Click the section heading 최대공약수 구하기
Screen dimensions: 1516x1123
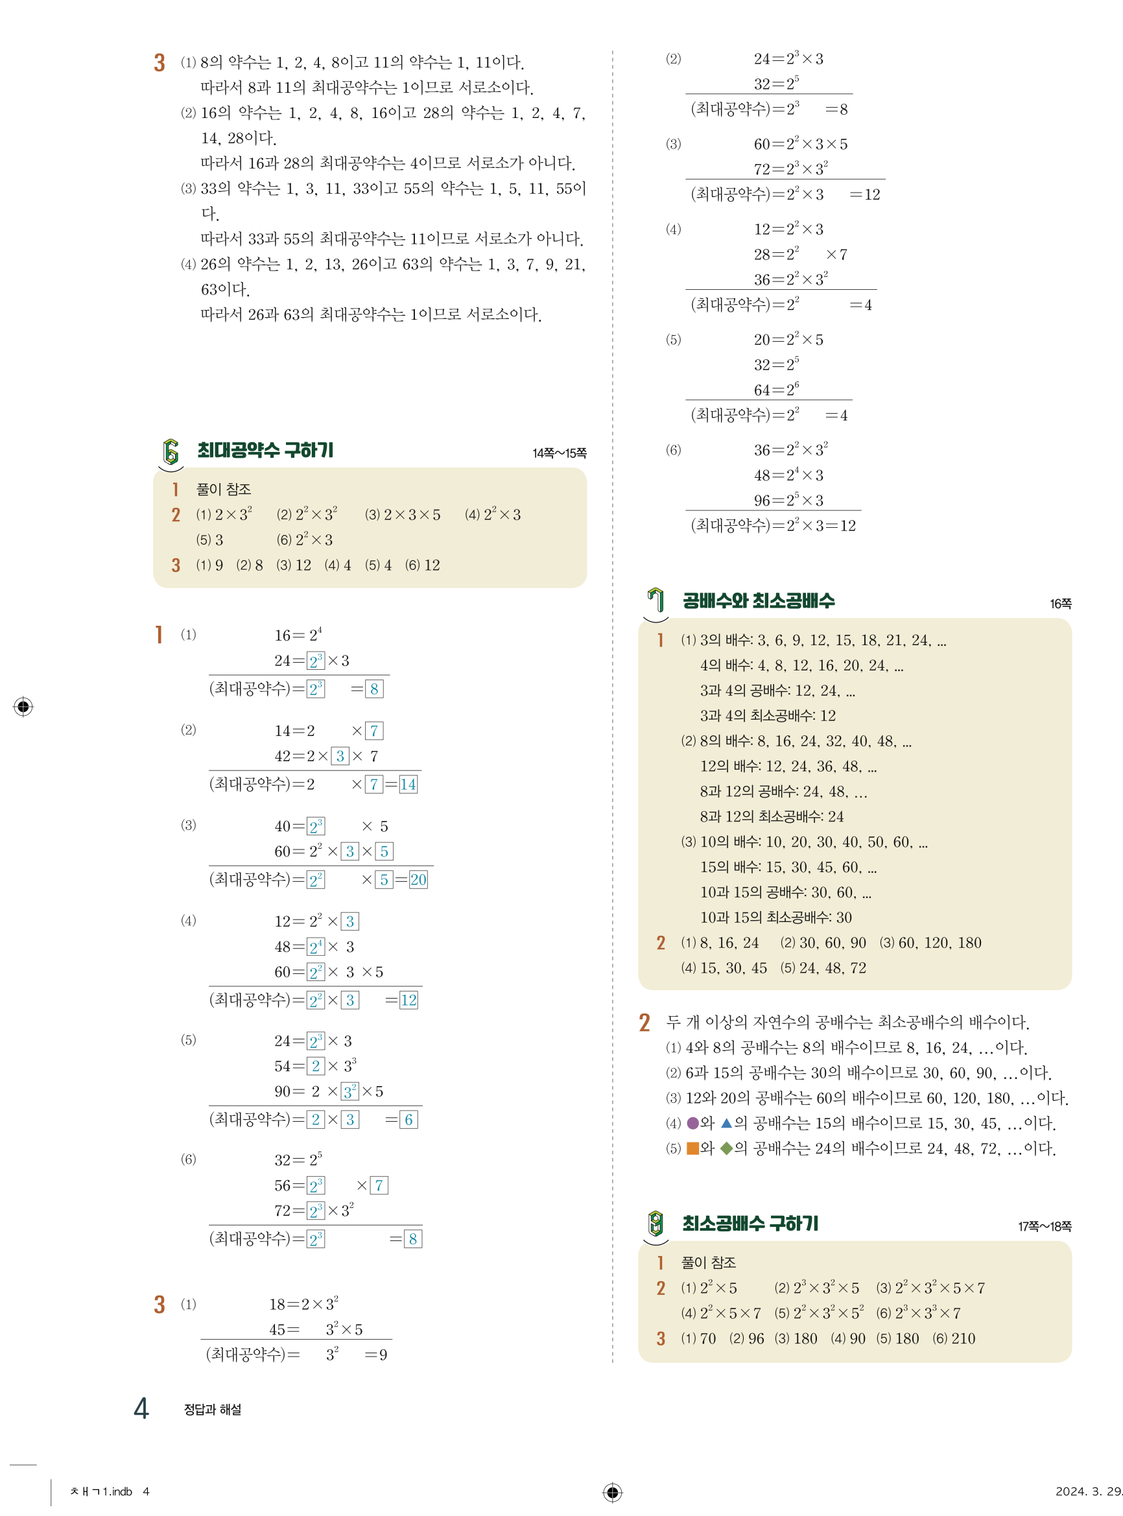tap(265, 450)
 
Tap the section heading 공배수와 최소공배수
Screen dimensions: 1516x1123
tap(758, 601)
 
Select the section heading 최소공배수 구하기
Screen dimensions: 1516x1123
tap(750, 1224)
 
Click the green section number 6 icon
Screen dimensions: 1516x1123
tap(171, 452)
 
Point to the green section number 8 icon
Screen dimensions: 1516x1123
tap(656, 1224)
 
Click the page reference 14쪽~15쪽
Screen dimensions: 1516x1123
tap(559, 453)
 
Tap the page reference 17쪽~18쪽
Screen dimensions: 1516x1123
tap(1044, 1226)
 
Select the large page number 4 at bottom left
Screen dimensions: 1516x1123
tap(141, 1408)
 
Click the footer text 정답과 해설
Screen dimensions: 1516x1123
tap(212, 1410)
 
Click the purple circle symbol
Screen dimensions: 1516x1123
tap(692, 1123)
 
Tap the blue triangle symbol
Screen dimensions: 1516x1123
tap(726, 1123)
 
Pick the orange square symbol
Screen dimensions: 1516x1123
tap(692, 1148)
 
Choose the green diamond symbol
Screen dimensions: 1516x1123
tap(726, 1148)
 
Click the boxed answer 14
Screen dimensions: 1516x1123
tap(408, 785)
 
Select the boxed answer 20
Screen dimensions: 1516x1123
tap(418, 880)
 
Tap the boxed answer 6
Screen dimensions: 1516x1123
tap(408, 1120)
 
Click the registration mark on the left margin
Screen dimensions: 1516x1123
tap(23, 707)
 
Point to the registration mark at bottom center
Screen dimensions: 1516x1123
tap(612, 1492)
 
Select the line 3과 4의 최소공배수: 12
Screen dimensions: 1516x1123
tap(768, 715)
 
